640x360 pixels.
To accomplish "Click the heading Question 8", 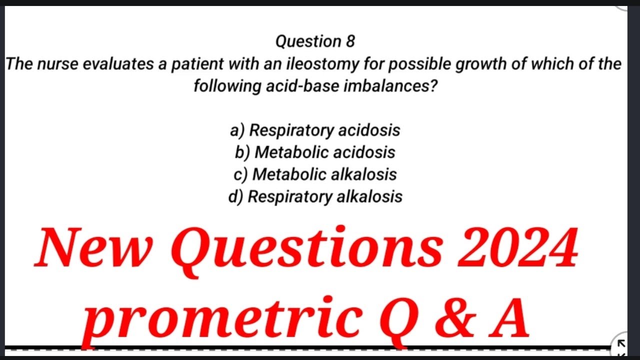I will click(x=315, y=41).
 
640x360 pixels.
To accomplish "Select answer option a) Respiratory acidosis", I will click(x=315, y=130).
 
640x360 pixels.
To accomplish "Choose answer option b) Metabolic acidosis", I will click(x=315, y=152).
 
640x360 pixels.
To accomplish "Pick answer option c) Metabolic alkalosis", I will click(x=315, y=174).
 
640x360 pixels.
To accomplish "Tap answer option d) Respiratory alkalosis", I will click(x=315, y=196).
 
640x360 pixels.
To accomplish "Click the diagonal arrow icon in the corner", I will click(x=621, y=343).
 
